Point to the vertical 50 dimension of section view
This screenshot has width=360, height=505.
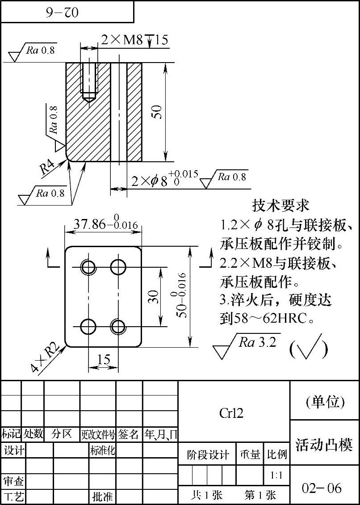click(x=157, y=112)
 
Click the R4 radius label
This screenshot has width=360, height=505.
click(x=47, y=168)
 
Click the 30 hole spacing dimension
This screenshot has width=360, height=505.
click(x=153, y=297)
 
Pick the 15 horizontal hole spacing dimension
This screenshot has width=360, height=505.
click(x=103, y=359)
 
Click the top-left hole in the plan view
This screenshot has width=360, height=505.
click(x=88, y=267)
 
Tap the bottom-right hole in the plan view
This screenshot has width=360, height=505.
click(x=118, y=327)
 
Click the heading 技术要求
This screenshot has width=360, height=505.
click(x=281, y=206)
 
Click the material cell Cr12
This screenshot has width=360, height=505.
click(x=231, y=413)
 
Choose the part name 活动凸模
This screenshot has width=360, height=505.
click(x=324, y=445)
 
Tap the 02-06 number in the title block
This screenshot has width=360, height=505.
click(x=322, y=488)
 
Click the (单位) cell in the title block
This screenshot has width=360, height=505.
click(x=325, y=402)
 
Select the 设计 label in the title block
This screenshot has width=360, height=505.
click(x=14, y=450)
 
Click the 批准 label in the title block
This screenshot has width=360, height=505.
click(x=103, y=496)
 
